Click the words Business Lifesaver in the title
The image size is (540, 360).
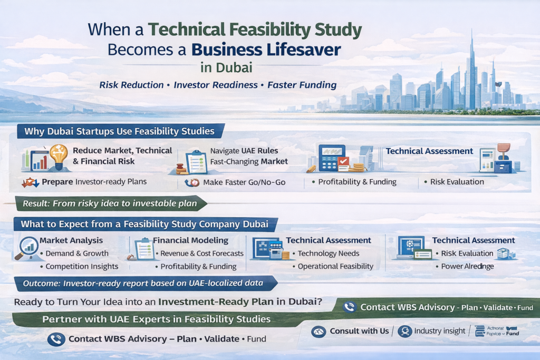(266, 50)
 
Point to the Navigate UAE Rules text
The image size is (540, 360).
(244, 151)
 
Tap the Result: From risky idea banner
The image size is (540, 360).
(110, 203)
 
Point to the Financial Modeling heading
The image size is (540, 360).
(190, 240)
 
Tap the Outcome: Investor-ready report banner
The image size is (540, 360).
(143, 284)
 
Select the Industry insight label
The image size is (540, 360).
(439, 331)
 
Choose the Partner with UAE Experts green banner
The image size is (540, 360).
(156, 319)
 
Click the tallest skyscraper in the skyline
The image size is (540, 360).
(470, 74)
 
